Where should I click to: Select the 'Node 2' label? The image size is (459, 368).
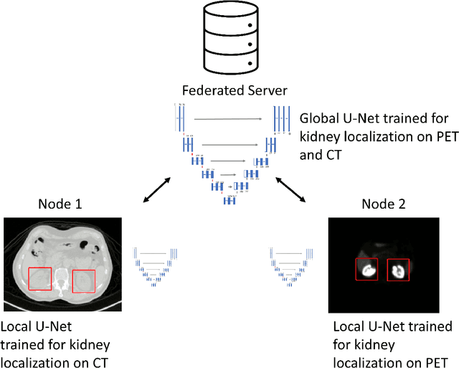(382, 204)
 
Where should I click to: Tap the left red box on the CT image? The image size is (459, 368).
(39, 280)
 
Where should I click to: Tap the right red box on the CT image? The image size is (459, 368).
(85, 280)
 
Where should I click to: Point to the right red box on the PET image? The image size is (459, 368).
(398, 270)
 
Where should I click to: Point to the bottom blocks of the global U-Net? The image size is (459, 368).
(229, 200)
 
